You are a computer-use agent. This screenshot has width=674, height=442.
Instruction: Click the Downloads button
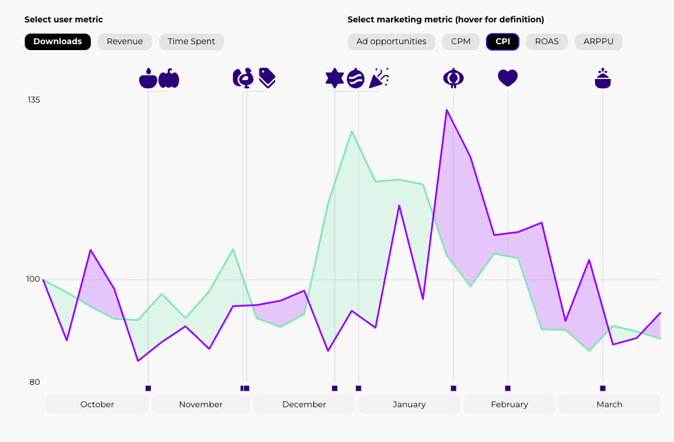click(x=58, y=42)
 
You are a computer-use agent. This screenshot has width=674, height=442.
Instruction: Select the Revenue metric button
click(x=125, y=42)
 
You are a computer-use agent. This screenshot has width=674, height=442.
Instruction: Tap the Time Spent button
click(x=192, y=42)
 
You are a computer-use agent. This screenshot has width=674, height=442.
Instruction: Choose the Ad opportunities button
click(x=392, y=42)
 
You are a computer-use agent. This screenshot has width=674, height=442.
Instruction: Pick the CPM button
click(x=461, y=42)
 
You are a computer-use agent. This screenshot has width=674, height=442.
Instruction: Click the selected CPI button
click(x=503, y=42)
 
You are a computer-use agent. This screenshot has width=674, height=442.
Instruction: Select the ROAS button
click(x=547, y=42)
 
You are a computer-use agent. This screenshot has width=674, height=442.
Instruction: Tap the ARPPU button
click(x=599, y=42)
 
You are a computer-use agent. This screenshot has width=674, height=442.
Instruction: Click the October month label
click(x=97, y=404)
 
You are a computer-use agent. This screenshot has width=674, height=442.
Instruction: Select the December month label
click(x=304, y=404)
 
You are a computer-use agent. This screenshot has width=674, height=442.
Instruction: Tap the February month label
click(x=509, y=404)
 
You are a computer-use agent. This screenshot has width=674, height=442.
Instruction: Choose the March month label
click(x=609, y=404)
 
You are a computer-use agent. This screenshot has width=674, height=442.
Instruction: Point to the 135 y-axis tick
click(x=34, y=100)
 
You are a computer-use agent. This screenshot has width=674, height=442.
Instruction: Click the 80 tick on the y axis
click(x=35, y=382)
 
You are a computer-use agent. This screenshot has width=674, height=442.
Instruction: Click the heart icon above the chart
click(x=508, y=78)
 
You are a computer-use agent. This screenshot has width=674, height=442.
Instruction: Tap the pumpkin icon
click(x=169, y=78)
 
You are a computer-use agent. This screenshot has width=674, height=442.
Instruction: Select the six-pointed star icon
click(x=335, y=78)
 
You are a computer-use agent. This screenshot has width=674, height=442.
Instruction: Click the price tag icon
click(x=267, y=77)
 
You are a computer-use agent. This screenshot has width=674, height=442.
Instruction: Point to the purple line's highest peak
click(x=447, y=110)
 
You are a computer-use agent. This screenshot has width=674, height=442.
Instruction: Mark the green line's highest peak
click(x=352, y=131)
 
